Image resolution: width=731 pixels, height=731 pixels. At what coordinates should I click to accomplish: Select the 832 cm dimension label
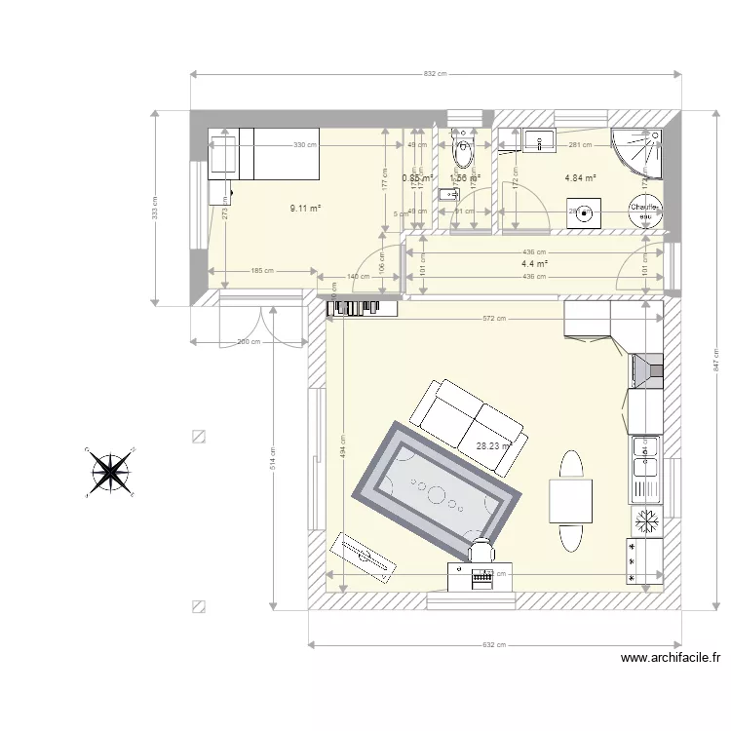tap(436, 74)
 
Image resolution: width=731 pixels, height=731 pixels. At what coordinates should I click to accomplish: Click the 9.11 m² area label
tap(305, 208)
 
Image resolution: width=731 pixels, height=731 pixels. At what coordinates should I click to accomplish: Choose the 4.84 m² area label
tap(580, 178)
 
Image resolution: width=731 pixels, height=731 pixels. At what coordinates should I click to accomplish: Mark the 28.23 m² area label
tap(493, 447)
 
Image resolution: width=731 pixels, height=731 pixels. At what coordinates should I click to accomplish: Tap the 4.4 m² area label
tap(534, 263)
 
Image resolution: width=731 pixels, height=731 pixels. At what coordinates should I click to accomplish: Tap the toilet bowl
tap(462, 153)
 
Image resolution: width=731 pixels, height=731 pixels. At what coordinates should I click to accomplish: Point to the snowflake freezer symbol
tap(645, 521)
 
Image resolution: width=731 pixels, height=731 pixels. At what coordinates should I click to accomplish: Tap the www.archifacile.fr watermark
tap(671, 659)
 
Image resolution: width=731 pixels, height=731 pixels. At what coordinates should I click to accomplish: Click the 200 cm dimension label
tap(249, 342)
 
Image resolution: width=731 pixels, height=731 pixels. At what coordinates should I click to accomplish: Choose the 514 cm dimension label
tap(273, 458)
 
